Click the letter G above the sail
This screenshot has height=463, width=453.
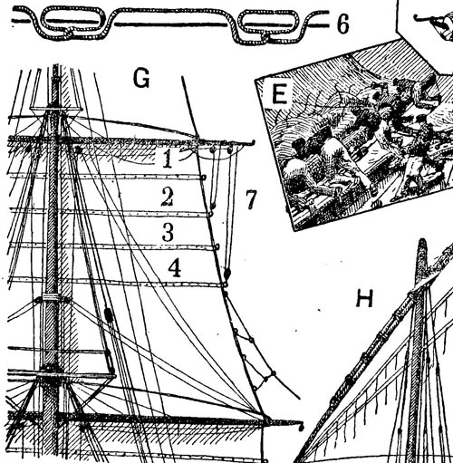141,79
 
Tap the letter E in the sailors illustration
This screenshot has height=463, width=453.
279,93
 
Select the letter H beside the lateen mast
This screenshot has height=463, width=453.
365,298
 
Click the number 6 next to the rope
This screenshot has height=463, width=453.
342,24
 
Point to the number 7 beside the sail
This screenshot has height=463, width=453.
251,199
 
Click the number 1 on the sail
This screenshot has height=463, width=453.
168,159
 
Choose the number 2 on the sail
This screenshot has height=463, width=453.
167,197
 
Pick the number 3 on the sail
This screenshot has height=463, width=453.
168,232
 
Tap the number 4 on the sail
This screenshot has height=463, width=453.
175,269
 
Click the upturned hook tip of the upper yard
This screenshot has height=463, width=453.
253,142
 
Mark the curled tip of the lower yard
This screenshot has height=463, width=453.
301,427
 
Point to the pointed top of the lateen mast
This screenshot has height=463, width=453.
422,242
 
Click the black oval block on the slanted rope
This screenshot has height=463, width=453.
109,315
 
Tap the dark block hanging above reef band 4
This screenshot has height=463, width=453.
227,274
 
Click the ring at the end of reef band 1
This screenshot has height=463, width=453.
204,178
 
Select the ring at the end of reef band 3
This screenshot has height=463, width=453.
217,247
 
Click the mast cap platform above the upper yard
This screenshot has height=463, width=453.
56,109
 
